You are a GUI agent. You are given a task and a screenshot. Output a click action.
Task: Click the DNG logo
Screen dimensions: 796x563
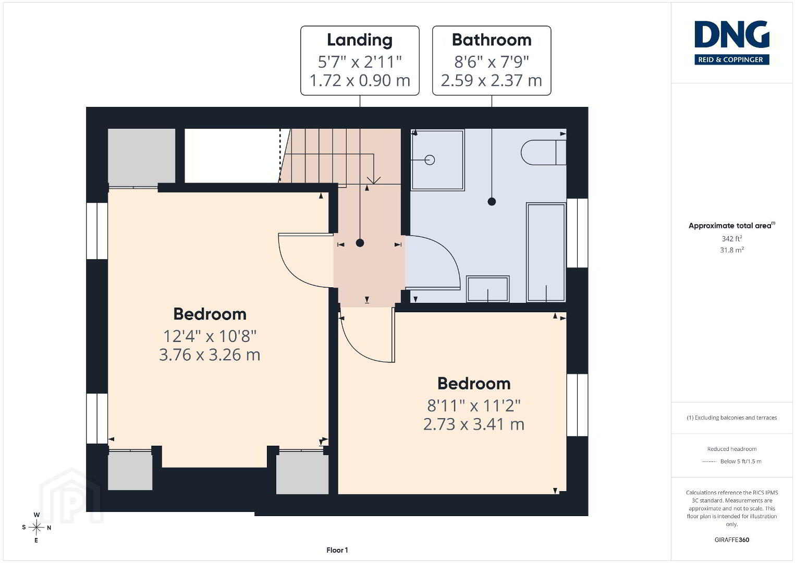(732, 42)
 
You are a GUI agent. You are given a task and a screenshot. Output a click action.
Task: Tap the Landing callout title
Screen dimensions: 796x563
(360, 40)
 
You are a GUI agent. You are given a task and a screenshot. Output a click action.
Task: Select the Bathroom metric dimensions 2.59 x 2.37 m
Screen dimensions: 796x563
(492, 80)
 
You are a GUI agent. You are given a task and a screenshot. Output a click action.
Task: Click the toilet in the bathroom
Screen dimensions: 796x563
(543, 152)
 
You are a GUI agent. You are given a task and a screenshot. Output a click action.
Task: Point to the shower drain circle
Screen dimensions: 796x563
(430, 160)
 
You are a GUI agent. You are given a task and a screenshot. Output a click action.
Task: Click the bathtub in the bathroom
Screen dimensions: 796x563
(546, 253)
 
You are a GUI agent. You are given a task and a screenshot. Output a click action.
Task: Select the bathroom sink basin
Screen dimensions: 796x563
(487, 289)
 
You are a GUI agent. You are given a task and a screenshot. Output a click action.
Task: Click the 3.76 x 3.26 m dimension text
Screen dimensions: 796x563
(210, 354)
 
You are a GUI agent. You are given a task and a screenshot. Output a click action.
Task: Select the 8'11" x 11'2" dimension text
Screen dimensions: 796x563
(474, 405)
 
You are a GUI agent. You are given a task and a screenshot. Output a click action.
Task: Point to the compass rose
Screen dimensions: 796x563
(36, 528)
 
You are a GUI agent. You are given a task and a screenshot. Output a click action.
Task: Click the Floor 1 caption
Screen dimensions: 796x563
(337, 550)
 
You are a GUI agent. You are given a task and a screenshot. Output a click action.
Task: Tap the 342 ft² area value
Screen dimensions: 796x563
(732, 239)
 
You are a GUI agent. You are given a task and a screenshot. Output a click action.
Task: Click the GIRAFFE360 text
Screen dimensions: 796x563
(732, 540)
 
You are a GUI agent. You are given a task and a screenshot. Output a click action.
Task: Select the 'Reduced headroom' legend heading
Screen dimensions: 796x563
(732, 449)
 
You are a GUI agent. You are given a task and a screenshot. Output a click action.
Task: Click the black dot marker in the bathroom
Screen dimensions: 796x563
(492, 202)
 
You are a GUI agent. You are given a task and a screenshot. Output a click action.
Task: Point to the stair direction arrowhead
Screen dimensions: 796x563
(373, 180)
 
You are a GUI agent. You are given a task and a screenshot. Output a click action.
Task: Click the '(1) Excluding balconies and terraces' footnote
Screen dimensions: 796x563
(732, 418)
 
